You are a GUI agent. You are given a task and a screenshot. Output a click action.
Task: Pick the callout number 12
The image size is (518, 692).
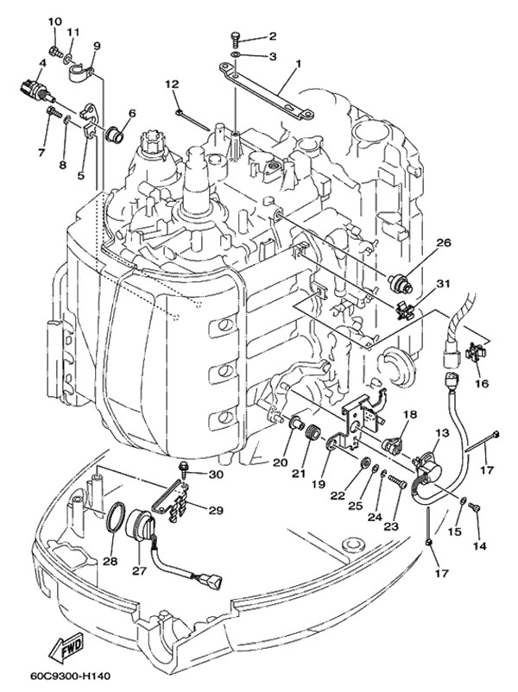click(172, 84)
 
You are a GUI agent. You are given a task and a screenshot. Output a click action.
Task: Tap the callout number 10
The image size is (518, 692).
click(54, 20)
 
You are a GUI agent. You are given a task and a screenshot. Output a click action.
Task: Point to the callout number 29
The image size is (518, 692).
click(215, 510)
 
